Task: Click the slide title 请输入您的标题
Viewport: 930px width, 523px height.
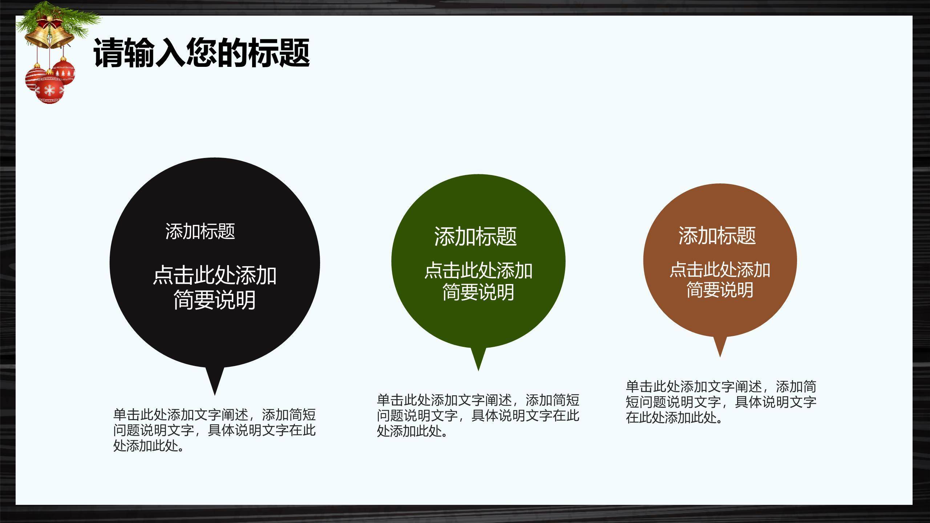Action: point(202,53)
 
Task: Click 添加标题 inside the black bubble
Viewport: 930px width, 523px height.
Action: point(200,231)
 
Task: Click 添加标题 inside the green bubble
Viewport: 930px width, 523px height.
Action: point(476,236)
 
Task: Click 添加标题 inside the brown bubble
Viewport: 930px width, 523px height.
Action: point(717,235)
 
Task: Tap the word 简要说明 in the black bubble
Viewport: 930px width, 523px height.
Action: point(215,300)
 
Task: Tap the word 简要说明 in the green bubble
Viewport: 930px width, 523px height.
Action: point(478,292)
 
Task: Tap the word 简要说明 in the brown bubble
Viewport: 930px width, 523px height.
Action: point(720,290)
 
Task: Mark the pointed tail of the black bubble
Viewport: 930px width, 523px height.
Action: point(215,395)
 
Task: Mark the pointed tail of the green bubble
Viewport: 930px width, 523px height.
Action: point(478,370)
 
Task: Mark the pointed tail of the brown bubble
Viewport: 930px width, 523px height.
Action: point(720,357)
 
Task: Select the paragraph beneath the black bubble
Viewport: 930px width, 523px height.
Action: point(214,430)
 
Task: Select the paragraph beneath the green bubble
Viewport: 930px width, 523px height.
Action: point(478,415)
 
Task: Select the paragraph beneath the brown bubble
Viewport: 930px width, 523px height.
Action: point(721,402)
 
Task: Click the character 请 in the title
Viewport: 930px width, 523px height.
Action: point(109,53)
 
